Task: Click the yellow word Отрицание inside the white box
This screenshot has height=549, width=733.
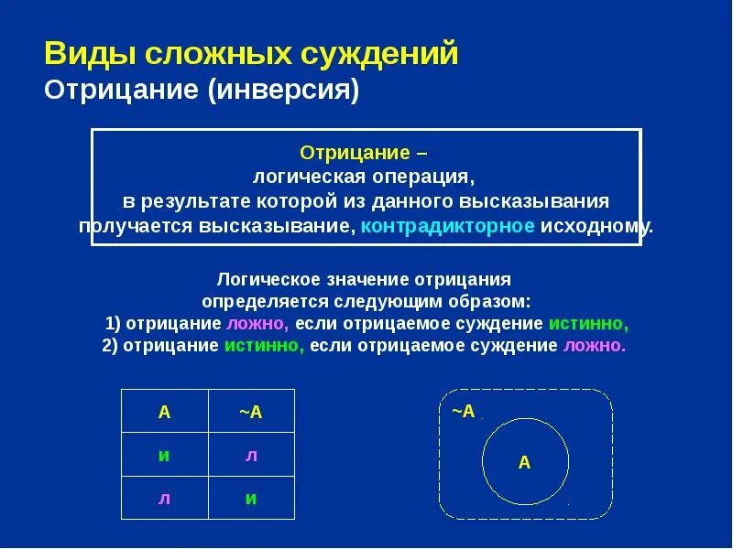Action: pyautogui.click(x=349, y=151)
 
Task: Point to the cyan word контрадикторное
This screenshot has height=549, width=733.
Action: pyautogui.click(x=447, y=225)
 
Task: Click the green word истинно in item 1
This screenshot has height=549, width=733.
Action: pyautogui.click(x=588, y=324)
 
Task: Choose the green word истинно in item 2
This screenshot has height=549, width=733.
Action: pyautogui.click(x=264, y=346)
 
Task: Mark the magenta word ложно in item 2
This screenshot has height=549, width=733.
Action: pyautogui.click(x=594, y=346)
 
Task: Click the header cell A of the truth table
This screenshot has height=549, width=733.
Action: pyautogui.click(x=165, y=412)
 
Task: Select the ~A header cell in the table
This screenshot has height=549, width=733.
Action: pyautogui.click(x=251, y=412)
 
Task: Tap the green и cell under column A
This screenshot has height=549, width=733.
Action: pyautogui.click(x=165, y=455)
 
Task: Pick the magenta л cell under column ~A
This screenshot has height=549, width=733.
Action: pyautogui.click(x=251, y=455)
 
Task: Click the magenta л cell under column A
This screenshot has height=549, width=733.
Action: pyautogui.click(x=165, y=498)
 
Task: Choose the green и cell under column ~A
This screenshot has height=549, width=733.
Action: pyautogui.click(x=251, y=498)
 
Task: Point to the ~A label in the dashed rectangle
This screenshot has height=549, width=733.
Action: pyautogui.click(x=464, y=411)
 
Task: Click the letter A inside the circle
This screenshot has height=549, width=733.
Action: pyautogui.click(x=524, y=462)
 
